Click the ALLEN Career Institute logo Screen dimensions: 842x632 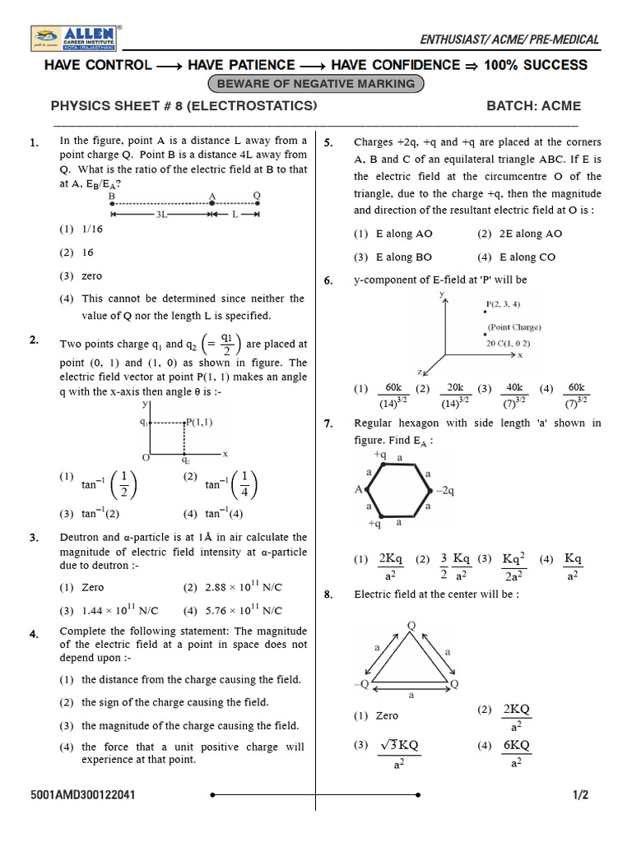(x=76, y=39)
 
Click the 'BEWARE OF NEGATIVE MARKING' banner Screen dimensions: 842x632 (x=317, y=84)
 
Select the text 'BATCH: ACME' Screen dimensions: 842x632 (x=533, y=106)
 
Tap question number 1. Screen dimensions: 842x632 (x=34, y=143)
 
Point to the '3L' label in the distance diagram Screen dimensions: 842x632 (x=162, y=214)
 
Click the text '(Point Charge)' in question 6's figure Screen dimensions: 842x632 (x=514, y=326)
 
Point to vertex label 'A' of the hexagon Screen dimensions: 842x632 (x=359, y=489)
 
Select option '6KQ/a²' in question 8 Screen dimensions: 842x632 (x=516, y=752)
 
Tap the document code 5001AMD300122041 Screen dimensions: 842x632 (x=83, y=795)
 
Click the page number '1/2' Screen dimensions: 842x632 (x=581, y=795)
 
